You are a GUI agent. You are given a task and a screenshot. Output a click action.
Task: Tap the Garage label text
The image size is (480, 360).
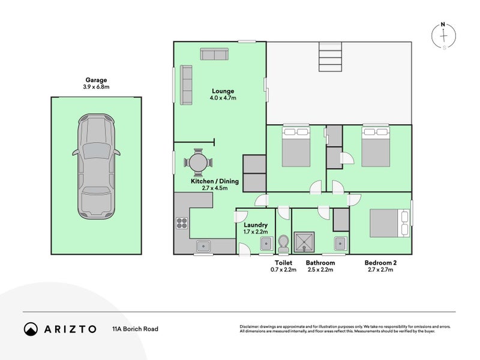96,79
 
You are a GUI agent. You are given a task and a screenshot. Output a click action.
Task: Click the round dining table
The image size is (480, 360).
198,163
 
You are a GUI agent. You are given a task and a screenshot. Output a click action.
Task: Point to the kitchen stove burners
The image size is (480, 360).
182,223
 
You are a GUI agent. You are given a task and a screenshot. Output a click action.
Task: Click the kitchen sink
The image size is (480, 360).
203,245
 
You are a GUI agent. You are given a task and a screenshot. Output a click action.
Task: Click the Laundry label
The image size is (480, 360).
256,226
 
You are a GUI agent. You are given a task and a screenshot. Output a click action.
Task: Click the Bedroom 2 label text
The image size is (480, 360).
380,263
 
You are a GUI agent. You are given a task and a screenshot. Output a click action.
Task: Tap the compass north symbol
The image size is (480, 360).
443,35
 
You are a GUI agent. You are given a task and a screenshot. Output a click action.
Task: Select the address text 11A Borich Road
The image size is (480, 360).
135,329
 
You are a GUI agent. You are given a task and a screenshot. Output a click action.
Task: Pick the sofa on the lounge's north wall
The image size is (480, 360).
214,55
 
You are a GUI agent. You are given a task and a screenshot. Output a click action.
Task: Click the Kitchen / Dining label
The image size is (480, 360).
215,181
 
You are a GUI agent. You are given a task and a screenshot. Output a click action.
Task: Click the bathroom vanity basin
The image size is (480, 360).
340,243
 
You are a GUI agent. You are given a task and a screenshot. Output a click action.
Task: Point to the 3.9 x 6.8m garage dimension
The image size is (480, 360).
96,87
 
